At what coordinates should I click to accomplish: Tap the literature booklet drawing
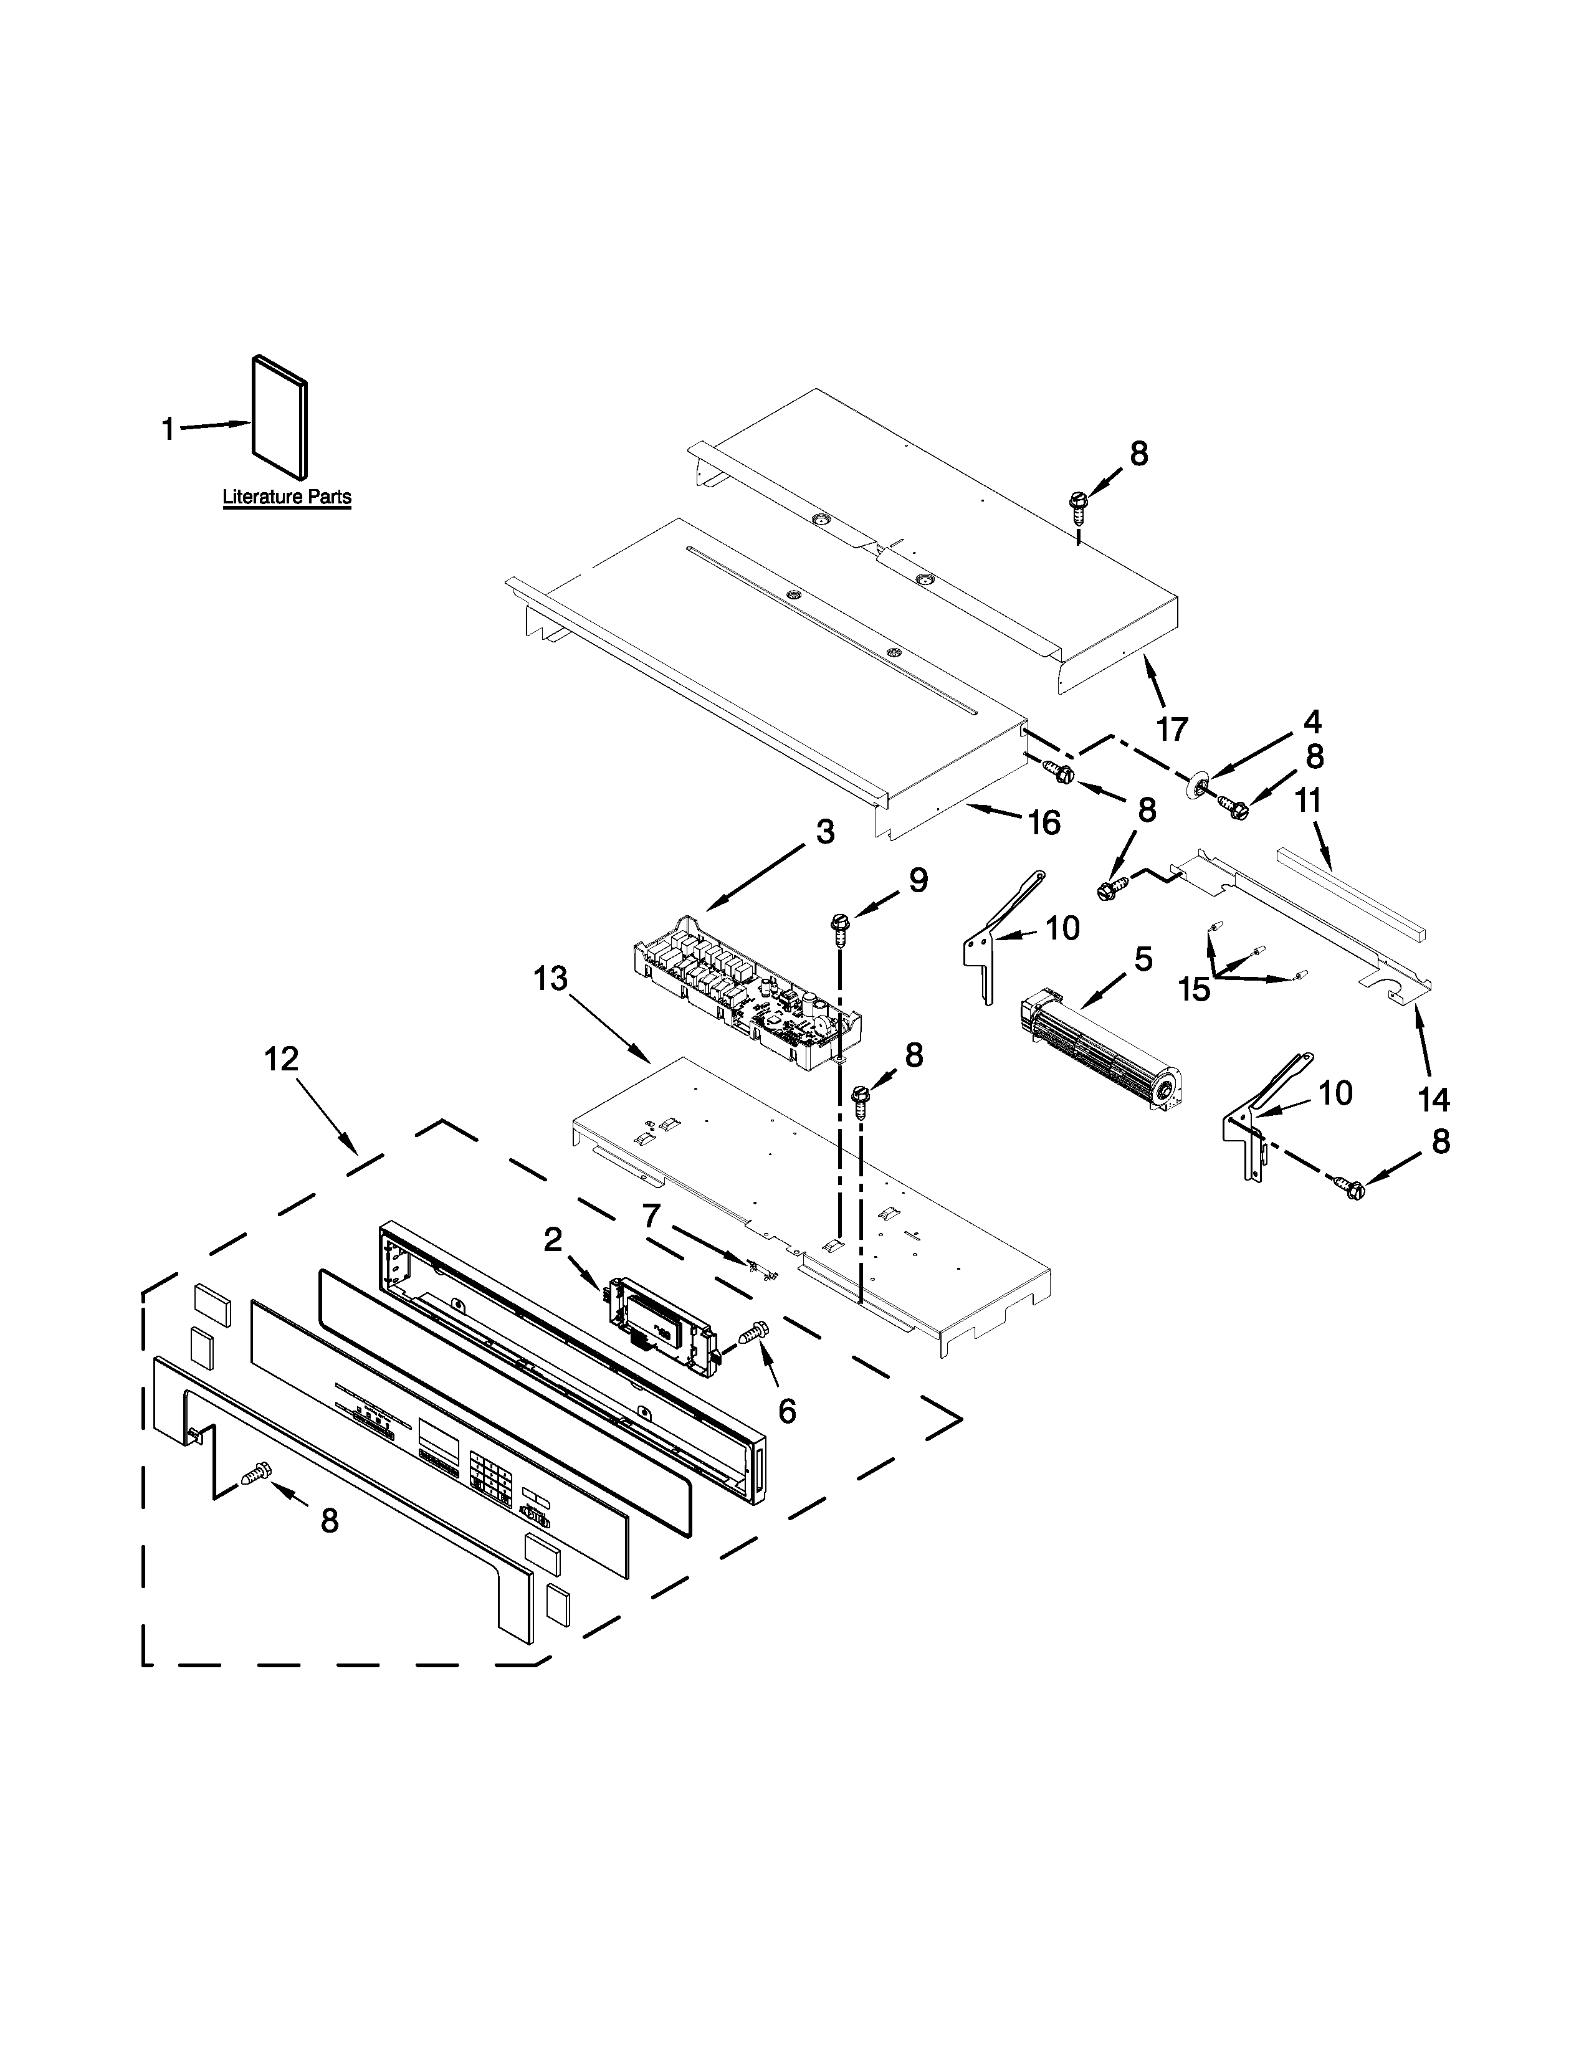(x=280, y=416)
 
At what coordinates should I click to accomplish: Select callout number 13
(x=551, y=978)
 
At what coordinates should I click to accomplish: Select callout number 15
(x=1195, y=989)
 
